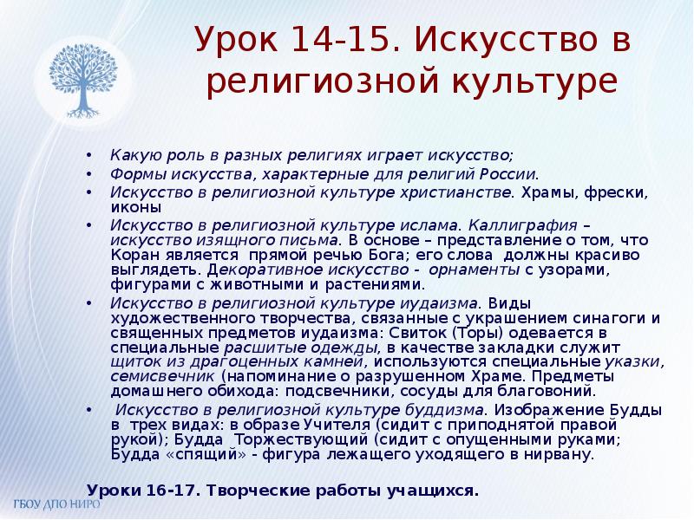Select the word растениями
[x=382, y=285]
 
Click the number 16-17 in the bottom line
[x=167, y=489]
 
